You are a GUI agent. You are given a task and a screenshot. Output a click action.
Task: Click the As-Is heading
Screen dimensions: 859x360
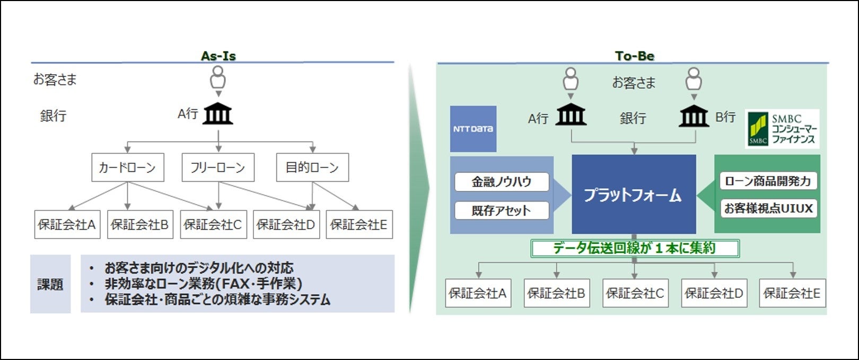coord(218,56)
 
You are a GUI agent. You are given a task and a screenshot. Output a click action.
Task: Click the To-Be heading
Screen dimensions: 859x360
coord(634,56)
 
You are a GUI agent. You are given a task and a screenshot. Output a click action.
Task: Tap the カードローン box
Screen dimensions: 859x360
coord(127,168)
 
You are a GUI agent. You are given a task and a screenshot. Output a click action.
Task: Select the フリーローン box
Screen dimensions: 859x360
coord(218,168)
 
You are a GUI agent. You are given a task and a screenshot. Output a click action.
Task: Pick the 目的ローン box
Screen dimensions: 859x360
coord(312,168)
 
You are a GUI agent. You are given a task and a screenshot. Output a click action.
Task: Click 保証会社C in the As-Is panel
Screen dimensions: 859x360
coord(213,225)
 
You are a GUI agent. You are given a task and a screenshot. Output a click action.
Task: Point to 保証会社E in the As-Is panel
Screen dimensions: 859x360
coord(359,225)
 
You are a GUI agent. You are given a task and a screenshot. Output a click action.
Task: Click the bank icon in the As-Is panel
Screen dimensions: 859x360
coord(218,113)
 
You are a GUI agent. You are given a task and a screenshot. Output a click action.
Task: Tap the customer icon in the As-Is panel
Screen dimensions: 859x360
coord(218,80)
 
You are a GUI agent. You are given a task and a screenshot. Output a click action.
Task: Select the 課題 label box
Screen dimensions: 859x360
coord(50,284)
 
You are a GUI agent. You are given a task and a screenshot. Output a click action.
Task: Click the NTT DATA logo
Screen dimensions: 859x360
coord(473,129)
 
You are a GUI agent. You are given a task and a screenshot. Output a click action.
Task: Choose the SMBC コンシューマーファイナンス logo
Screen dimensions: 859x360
coord(782,129)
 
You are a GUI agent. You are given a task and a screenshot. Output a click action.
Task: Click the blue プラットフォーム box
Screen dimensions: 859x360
coord(634,195)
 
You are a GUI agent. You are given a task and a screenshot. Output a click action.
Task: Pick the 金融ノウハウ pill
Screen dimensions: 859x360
coord(502,182)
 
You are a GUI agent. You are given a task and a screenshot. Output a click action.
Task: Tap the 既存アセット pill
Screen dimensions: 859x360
coord(502,210)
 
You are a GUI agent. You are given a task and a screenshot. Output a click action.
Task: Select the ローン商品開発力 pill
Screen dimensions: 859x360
coord(768,181)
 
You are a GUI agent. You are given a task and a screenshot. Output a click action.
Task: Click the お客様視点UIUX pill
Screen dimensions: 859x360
coord(768,208)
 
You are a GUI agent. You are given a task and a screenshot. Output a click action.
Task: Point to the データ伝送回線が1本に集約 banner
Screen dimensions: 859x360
coord(635,248)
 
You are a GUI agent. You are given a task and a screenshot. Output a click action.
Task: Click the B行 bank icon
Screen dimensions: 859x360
coord(694,116)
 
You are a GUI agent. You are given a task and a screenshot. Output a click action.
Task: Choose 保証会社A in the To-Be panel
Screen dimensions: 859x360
coord(478,293)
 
